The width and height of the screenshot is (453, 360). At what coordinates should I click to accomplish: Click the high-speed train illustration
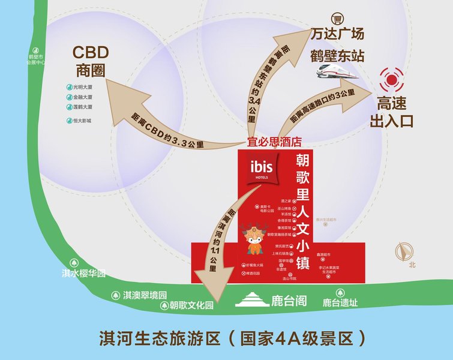click(338, 73)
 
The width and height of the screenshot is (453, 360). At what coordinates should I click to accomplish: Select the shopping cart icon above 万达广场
click(338, 19)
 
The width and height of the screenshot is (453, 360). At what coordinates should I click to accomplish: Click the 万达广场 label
click(338, 34)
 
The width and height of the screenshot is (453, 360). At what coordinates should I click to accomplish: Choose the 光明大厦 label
click(82, 87)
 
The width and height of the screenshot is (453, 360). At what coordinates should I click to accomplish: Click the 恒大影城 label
click(82, 121)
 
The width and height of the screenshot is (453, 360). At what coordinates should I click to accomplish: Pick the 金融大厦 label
click(82, 97)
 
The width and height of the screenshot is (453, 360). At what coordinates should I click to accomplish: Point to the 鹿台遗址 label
click(340, 303)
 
